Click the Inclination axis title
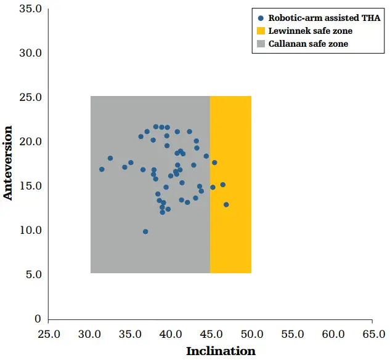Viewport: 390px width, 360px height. pos(221,351)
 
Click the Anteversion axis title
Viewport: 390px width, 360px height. pos(8,162)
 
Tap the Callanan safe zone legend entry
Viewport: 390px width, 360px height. pos(308,44)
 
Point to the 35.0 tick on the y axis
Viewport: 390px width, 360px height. pos(30,9)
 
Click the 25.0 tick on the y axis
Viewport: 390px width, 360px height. pos(30,97)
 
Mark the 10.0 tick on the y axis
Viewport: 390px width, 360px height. pos(30,230)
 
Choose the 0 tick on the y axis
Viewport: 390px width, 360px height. pos(38,319)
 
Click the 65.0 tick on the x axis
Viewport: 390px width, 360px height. pos(373,334)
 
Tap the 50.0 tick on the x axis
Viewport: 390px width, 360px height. pos(252,334)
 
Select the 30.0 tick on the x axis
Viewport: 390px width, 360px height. pos(90,334)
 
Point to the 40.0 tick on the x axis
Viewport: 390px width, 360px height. pos(171,334)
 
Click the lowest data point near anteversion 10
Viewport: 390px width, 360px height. pos(145,231)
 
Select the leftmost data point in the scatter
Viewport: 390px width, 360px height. pos(102,169)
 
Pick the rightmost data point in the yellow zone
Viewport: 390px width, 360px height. pos(226,204)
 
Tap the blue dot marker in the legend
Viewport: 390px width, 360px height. pos(261,18)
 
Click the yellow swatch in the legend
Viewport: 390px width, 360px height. pos(261,31)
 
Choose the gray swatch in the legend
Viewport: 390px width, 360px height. pos(261,44)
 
